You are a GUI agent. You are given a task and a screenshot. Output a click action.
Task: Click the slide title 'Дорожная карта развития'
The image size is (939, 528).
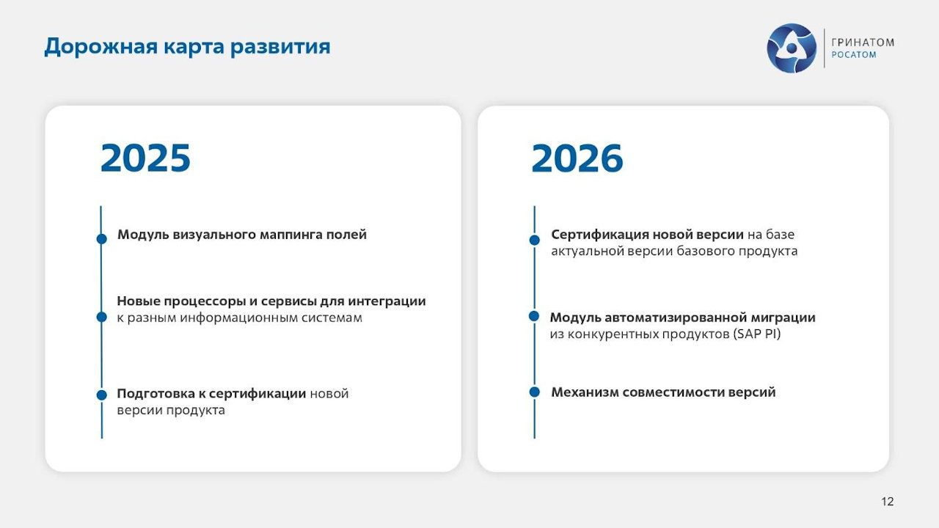click(187, 47)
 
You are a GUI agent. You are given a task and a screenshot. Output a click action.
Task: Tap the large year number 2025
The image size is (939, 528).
click(145, 158)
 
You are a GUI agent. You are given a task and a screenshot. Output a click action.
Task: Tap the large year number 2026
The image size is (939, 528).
click(577, 158)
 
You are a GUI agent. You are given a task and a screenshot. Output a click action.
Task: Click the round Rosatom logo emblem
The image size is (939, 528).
click(792, 48)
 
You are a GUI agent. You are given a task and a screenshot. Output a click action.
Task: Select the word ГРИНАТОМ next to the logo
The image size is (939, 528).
click(863, 42)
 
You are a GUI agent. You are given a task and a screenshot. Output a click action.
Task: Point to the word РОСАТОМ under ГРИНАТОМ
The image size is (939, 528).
click(853, 55)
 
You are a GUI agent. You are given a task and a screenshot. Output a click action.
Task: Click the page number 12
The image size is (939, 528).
click(887, 502)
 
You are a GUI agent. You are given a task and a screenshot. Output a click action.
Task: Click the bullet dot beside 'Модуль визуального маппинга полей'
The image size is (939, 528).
click(102, 238)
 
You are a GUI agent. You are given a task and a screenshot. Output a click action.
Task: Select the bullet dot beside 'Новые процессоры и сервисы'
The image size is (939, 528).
click(102, 317)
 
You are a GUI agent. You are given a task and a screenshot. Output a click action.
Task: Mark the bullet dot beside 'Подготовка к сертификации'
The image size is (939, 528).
click(102, 395)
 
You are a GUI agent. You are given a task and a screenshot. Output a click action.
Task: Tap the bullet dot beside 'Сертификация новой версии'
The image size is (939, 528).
click(535, 240)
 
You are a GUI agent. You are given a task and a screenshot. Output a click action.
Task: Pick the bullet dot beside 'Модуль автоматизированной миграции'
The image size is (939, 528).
click(534, 316)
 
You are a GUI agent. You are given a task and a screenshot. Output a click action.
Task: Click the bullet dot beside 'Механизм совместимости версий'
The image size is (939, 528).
click(535, 392)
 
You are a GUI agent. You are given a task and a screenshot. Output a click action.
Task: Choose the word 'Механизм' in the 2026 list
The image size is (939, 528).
click(584, 392)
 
